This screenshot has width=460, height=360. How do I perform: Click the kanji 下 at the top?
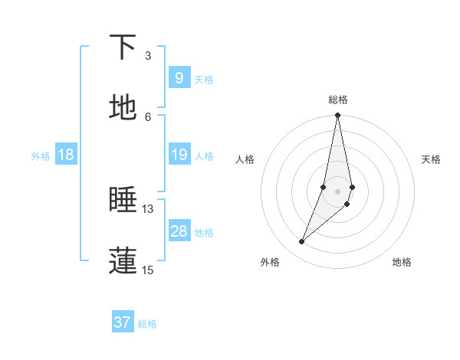pos(123,47)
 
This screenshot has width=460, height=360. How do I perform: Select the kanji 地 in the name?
pos(123,108)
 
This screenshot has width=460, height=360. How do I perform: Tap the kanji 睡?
pos(123,200)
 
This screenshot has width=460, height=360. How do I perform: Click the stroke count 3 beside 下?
pos(148,56)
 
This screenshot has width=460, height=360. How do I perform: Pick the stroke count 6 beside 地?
pos(148,116)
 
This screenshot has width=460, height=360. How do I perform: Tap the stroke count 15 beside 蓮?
pos(148,270)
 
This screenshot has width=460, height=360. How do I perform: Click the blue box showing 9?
pos(179,78)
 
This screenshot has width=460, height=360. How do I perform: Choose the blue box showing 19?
pos(179,155)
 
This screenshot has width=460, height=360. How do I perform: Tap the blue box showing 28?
pos(179,231)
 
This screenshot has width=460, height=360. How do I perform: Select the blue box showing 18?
pos(66,155)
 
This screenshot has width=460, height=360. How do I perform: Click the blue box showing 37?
pos(122,322)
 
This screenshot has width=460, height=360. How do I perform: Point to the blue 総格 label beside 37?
pos(147,324)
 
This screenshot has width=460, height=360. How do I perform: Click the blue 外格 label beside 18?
pos(41,156)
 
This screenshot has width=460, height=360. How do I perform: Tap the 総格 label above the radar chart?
pos(338,100)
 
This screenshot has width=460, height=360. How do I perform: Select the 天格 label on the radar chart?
pos(432,159)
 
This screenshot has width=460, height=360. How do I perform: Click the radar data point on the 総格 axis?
pos(338,116)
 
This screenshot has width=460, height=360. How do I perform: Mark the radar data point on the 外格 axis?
pos(302,242)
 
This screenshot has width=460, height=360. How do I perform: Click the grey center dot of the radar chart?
pos(338,191)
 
